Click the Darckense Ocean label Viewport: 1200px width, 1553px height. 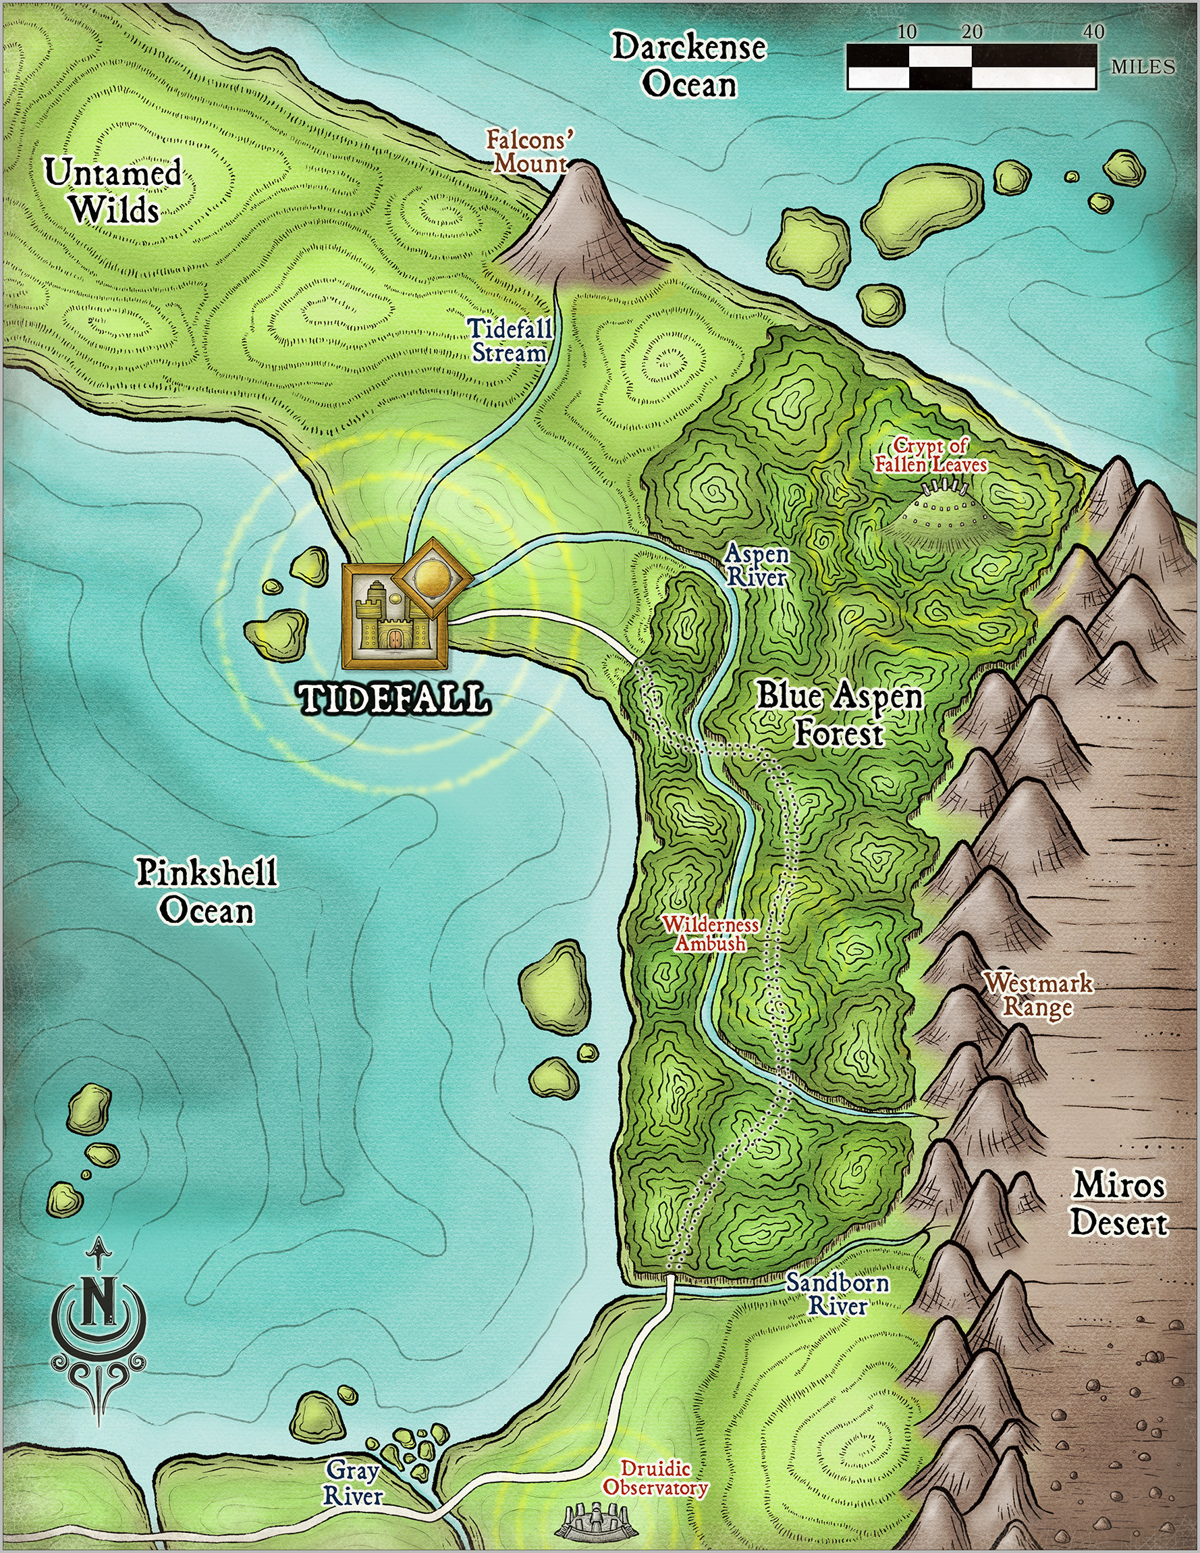pyautogui.click(x=690, y=66)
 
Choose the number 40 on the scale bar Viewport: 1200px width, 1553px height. pyautogui.click(x=1094, y=31)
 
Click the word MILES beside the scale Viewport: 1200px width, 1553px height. pyautogui.click(x=1143, y=67)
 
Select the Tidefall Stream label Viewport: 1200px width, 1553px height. pyautogui.click(x=510, y=340)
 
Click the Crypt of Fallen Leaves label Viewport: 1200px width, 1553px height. pyautogui.click(x=931, y=456)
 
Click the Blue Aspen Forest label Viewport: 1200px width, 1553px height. pyautogui.click(x=839, y=714)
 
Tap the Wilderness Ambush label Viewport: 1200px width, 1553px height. pyautogui.click(x=711, y=934)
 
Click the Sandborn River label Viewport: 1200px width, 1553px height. pyautogui.click(x=837, y=1294)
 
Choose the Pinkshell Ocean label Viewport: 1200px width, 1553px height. pyautogui.click(x=206, y=891)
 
